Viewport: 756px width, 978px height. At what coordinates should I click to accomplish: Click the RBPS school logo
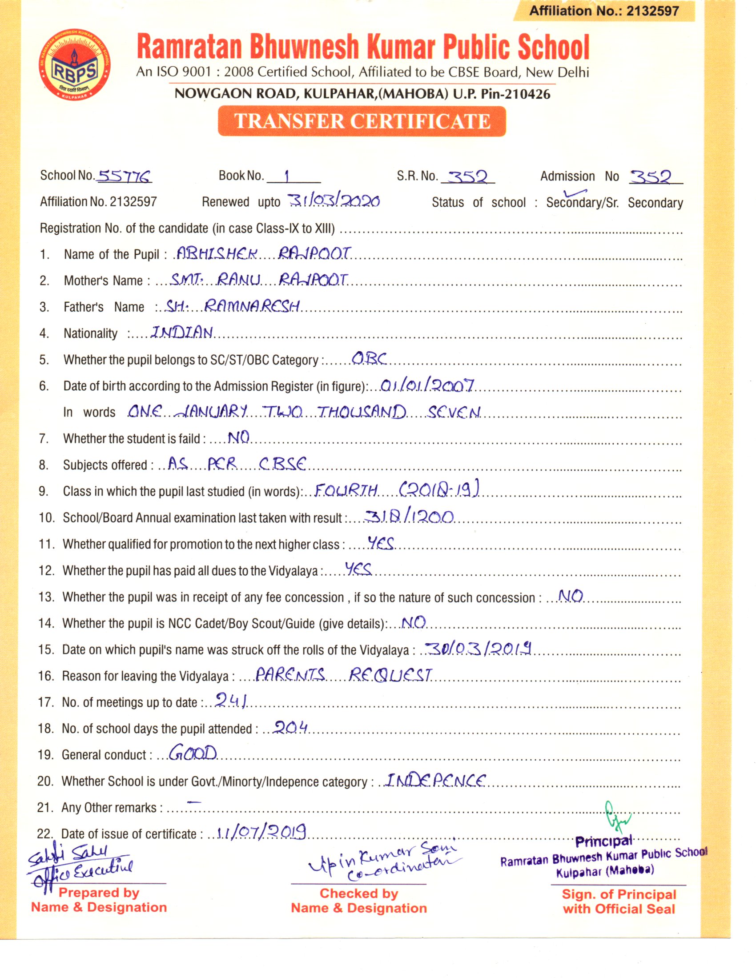[74, 65]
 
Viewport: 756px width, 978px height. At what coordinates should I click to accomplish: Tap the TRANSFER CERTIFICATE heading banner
[362, 121]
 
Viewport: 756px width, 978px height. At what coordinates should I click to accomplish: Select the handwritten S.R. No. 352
[467, 177]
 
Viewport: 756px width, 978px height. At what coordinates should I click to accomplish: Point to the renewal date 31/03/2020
[334, 201]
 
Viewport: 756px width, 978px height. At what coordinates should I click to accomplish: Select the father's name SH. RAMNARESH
[233, 306]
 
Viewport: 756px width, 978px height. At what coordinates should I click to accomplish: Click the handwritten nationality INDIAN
[182, 332]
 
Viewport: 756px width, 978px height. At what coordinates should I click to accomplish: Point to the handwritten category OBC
[369, 358]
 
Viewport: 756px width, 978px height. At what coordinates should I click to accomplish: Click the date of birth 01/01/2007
[427, 385]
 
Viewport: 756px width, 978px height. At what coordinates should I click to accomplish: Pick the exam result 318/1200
[409, 517]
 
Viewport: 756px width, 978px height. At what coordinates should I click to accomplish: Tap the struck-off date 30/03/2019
[479, 649]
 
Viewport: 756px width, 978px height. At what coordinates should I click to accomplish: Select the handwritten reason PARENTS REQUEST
[343, 675]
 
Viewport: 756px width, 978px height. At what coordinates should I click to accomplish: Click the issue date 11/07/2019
[261, 832]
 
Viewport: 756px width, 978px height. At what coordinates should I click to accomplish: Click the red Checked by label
[359, 894]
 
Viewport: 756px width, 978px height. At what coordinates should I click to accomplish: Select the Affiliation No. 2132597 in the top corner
[604, 11]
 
